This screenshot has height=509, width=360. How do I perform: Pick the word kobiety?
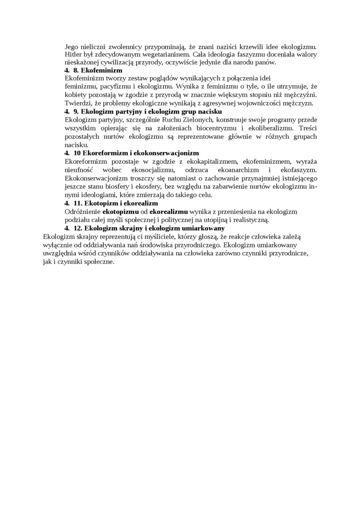[x=75, y=95]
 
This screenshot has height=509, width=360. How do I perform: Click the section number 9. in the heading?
[x=76, y=111]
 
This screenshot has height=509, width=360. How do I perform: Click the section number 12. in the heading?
[x=78, y=228]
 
